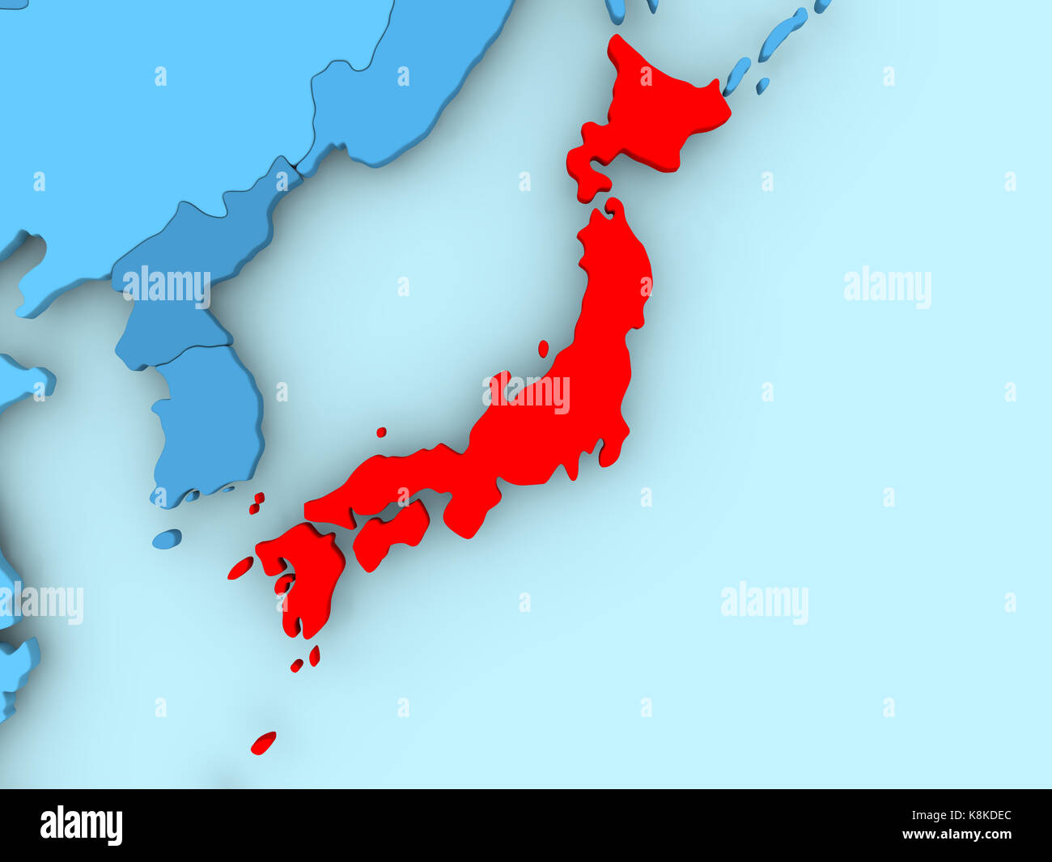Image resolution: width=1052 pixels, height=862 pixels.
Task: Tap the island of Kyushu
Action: pos(303,575)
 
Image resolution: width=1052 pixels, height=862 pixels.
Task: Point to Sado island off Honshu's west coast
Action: pos(543,349)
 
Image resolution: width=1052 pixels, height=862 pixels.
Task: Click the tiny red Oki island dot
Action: pos(380,432)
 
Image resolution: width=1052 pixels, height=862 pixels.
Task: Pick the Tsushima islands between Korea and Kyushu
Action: pos(257,503)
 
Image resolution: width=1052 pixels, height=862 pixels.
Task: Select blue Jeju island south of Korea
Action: pos(167,539)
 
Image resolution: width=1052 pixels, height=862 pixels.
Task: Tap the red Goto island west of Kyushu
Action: pos(240,568)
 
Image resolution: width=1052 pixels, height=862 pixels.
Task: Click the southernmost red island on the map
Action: pos(263,743)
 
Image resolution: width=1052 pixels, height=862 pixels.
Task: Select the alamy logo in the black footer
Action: pos(81,826)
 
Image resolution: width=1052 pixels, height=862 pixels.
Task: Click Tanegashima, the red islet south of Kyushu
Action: pos(314,656)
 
